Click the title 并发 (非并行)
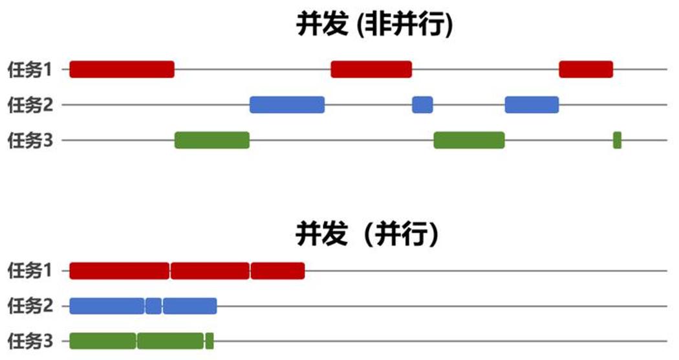coord(374,24)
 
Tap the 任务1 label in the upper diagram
coord(30,69)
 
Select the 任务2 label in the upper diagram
coord(30,105)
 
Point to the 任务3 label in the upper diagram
coord(30,141)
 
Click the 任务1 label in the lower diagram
coord(30,271)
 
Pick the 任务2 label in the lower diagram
coord(30,306)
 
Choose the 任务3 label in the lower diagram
coord(30,341)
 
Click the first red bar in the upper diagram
coord(122,69)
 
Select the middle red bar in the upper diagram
coord(371,69)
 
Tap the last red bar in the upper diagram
coord(586,69)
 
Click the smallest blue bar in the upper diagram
coord(422,105)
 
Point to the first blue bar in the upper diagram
coord(287,105)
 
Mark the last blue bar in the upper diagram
coord(532,105)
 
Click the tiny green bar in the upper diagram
coord(617,140)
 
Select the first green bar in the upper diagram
coord(212,140)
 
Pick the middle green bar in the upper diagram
coord(469,140)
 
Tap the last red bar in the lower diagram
coord(277,271)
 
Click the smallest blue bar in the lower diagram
coord(153,306)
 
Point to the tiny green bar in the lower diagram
coord(209,341)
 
